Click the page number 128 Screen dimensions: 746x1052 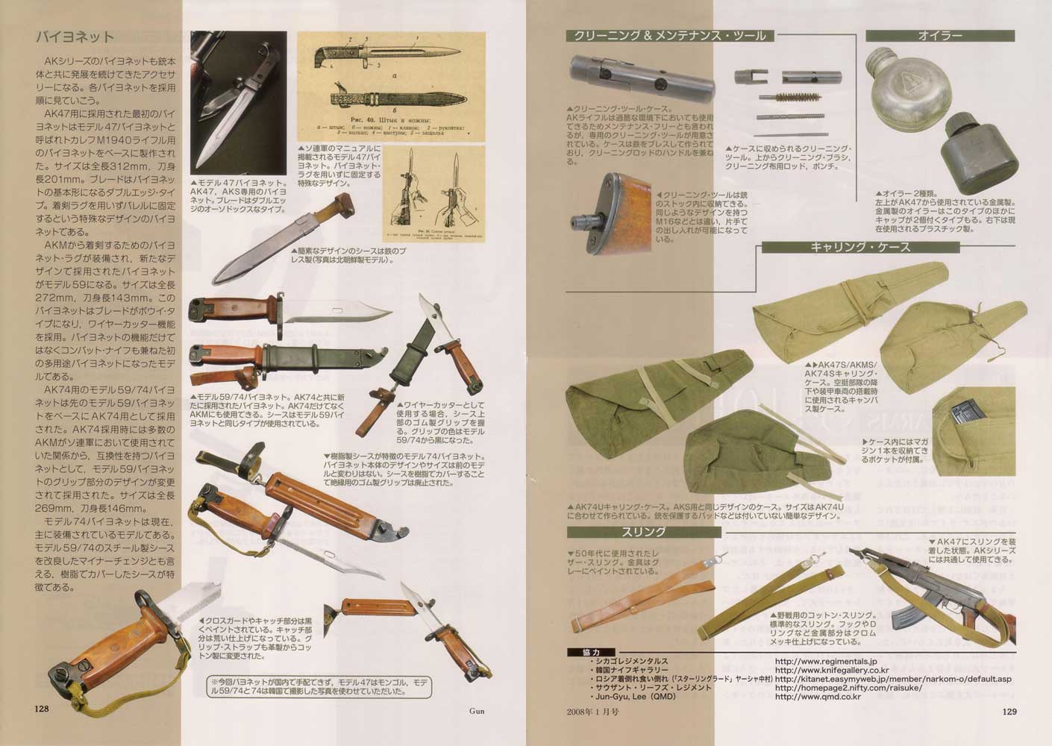point(42,709)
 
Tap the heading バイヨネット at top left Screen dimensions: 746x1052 point(75,37)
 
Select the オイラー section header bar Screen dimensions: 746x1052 point(939,35)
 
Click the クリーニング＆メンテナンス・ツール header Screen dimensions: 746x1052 point(670,35)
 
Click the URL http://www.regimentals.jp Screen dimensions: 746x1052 point(825,661)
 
